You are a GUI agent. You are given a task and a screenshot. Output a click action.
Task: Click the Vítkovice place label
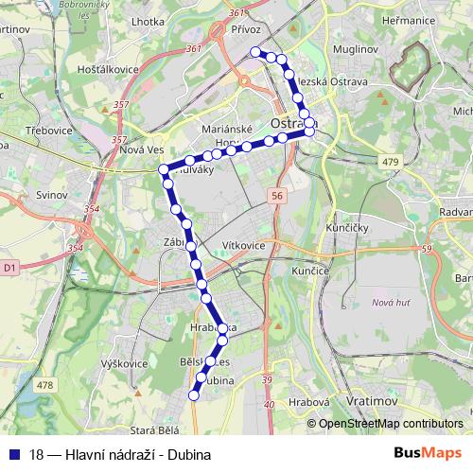tap(243, 245)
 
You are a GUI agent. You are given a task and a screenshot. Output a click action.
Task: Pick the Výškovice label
tap(123, 363)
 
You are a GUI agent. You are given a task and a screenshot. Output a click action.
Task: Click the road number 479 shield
tap(391, 163)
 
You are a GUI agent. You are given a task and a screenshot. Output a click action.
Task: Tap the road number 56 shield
tap(276, 195)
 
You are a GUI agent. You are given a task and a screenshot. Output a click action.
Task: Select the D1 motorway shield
tap(9, 269)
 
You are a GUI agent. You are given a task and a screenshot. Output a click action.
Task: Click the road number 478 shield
tap(44, 385)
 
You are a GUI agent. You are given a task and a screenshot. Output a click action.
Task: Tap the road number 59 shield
tap(427, 249)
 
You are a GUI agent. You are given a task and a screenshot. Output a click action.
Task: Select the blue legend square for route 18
tap(13, 454)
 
